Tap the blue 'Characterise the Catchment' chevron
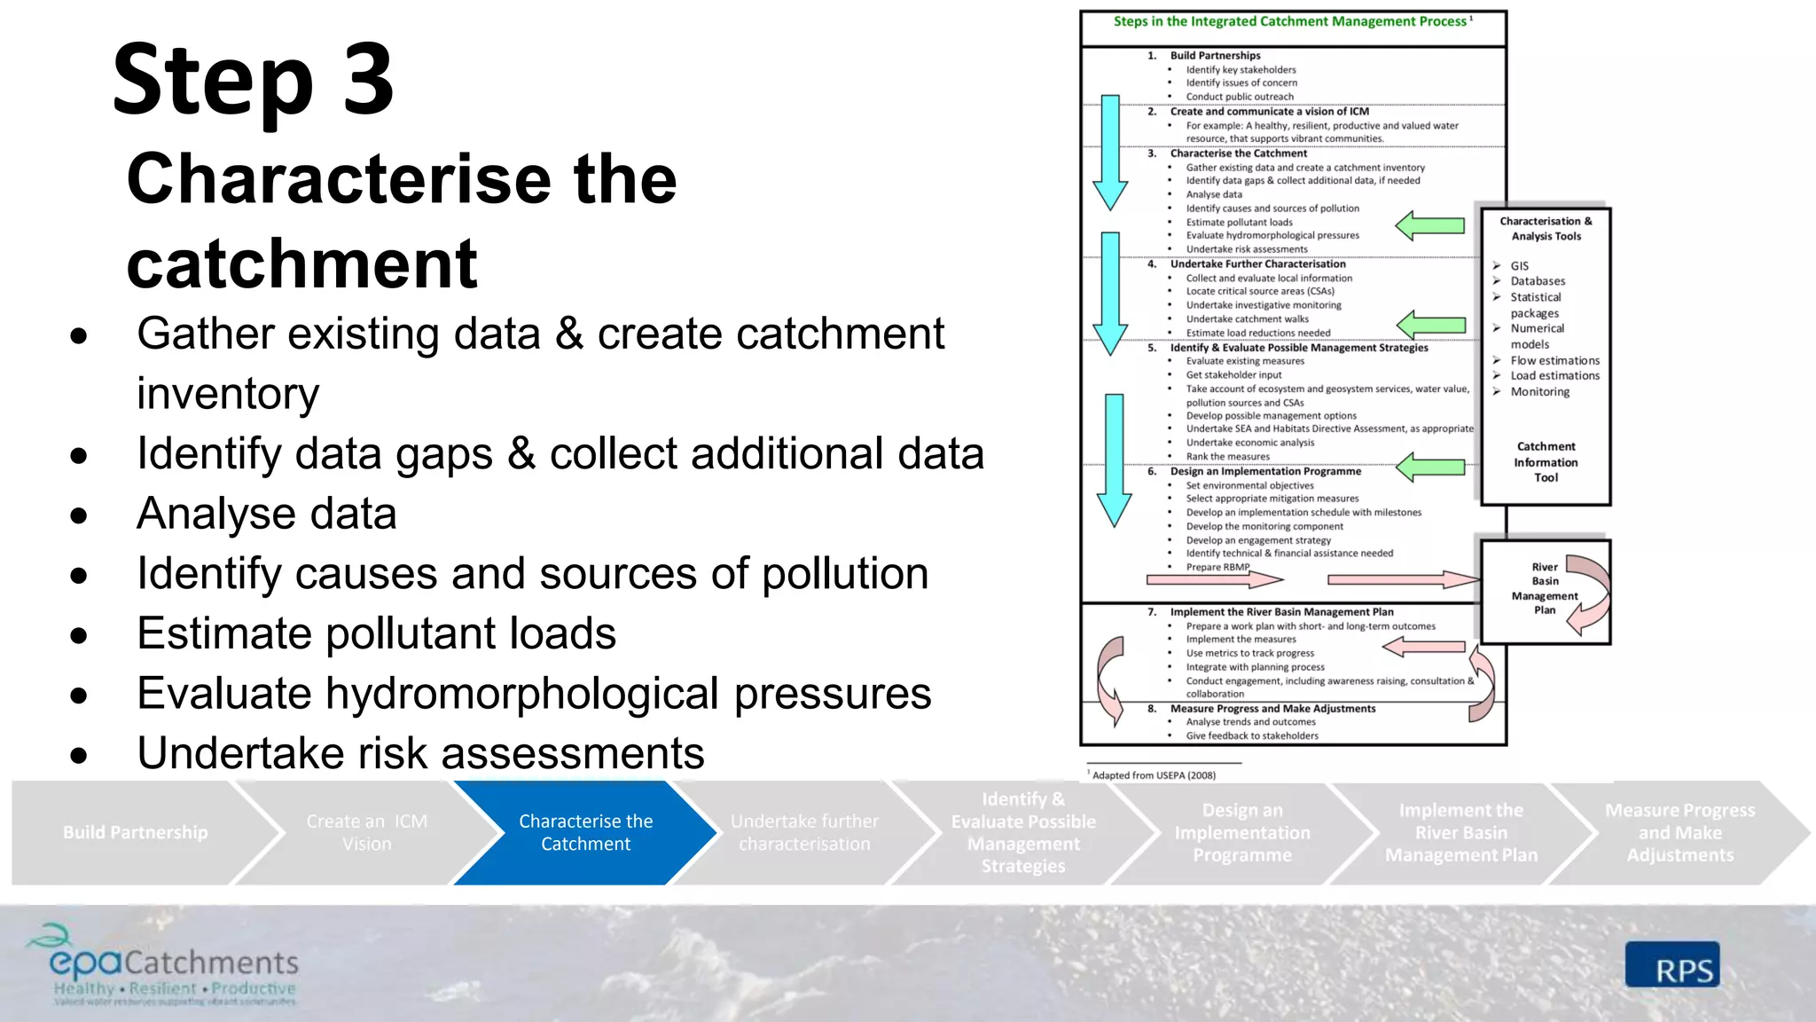click(585, 832)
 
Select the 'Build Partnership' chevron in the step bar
click(135, 832)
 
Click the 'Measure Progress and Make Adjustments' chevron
click(1679, 832)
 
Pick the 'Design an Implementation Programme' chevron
click(1241, 832)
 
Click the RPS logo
click(1672, 965)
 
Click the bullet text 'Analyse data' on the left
click(266, 514)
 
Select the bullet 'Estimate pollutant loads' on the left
click(376, 633)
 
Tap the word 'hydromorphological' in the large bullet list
click(522, 693)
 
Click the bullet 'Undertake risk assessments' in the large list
click(420, 753)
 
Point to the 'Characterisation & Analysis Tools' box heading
click(1546, 229)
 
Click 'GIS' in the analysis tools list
click(1520, 266)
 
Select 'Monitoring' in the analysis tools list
click(1540, 392)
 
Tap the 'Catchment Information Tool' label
click(1546, 462)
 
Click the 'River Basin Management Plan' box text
click(1545, 588)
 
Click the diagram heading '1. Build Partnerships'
click(1215, 55)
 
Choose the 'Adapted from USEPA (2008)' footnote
click(1154, 775)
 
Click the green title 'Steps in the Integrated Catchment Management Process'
click(1290, 21)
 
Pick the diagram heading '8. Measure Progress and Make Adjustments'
click(1272, 709)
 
